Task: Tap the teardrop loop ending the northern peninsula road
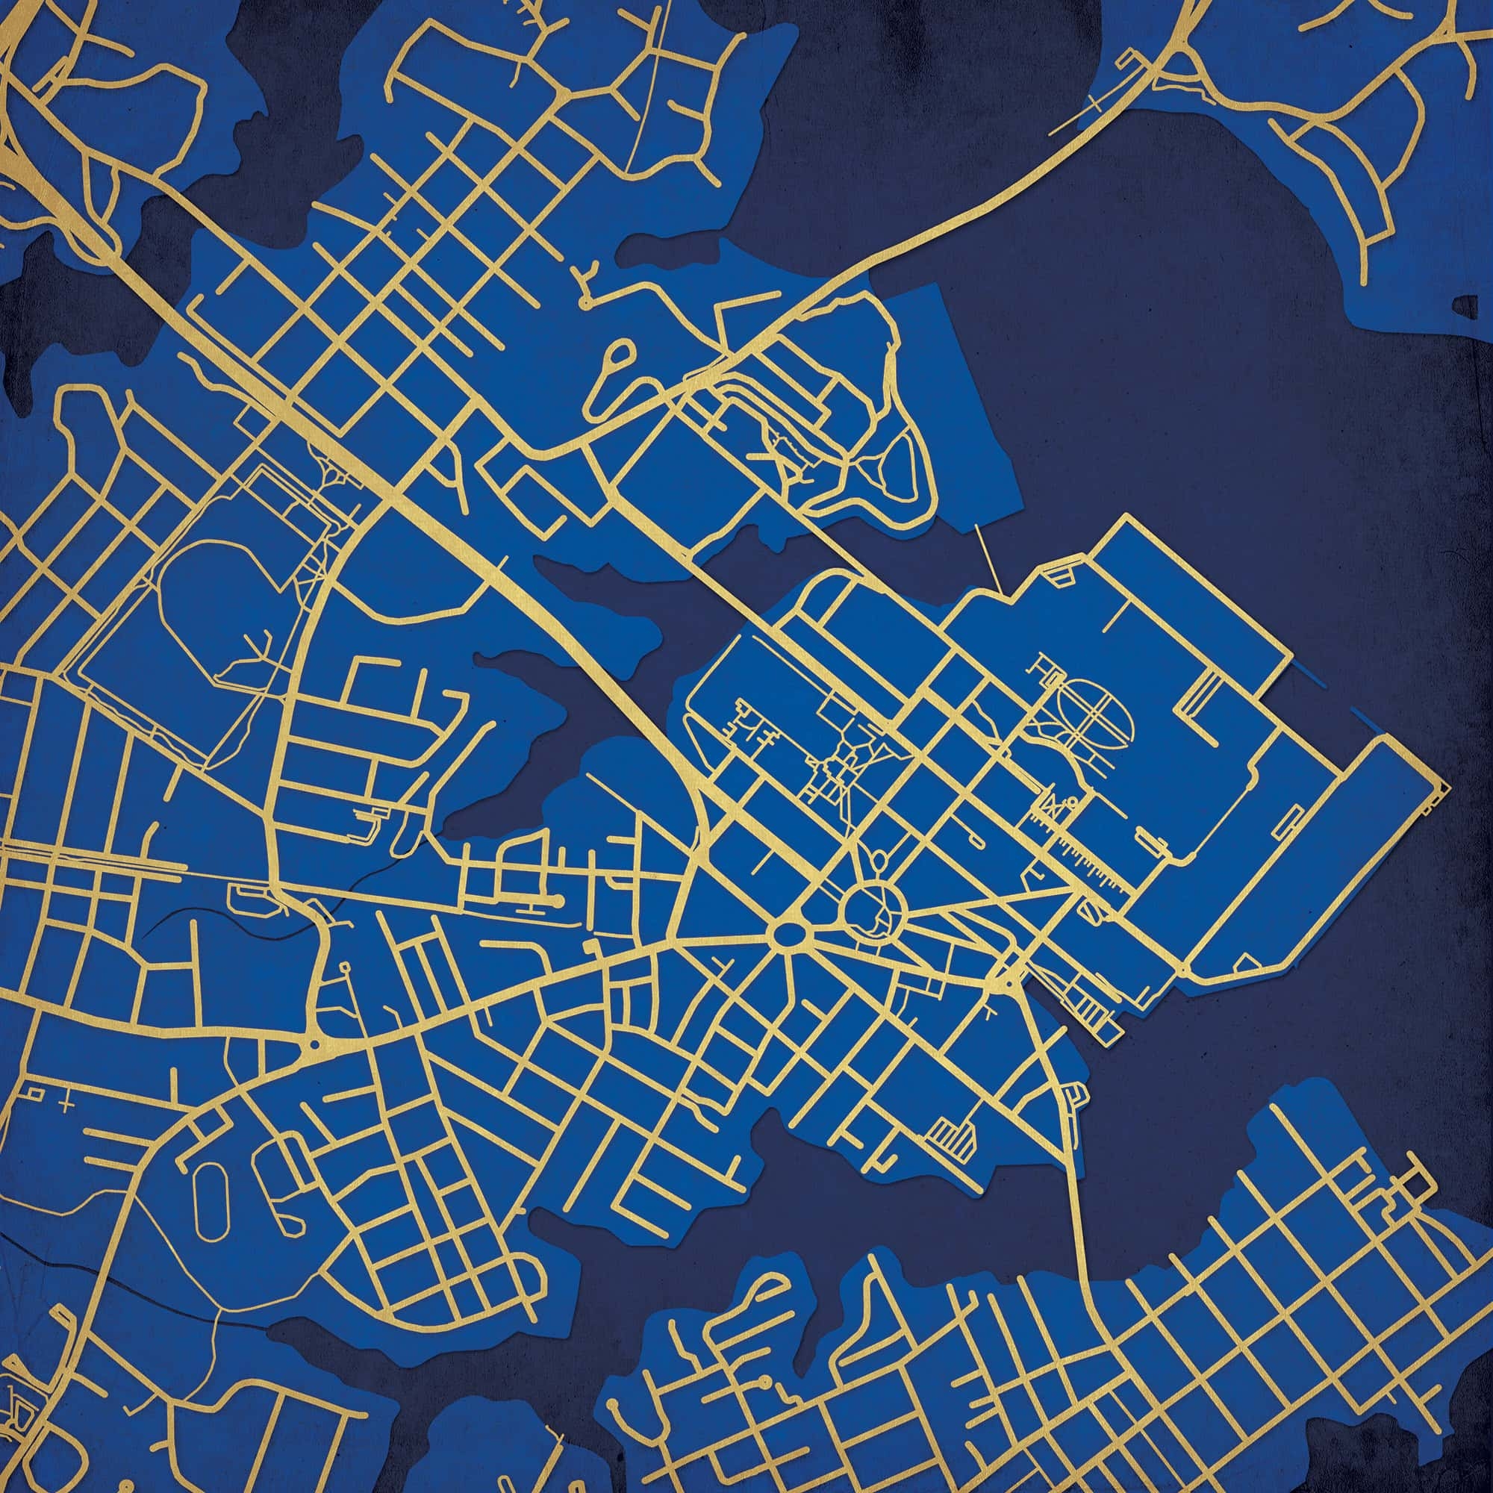tap(618, 357)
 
